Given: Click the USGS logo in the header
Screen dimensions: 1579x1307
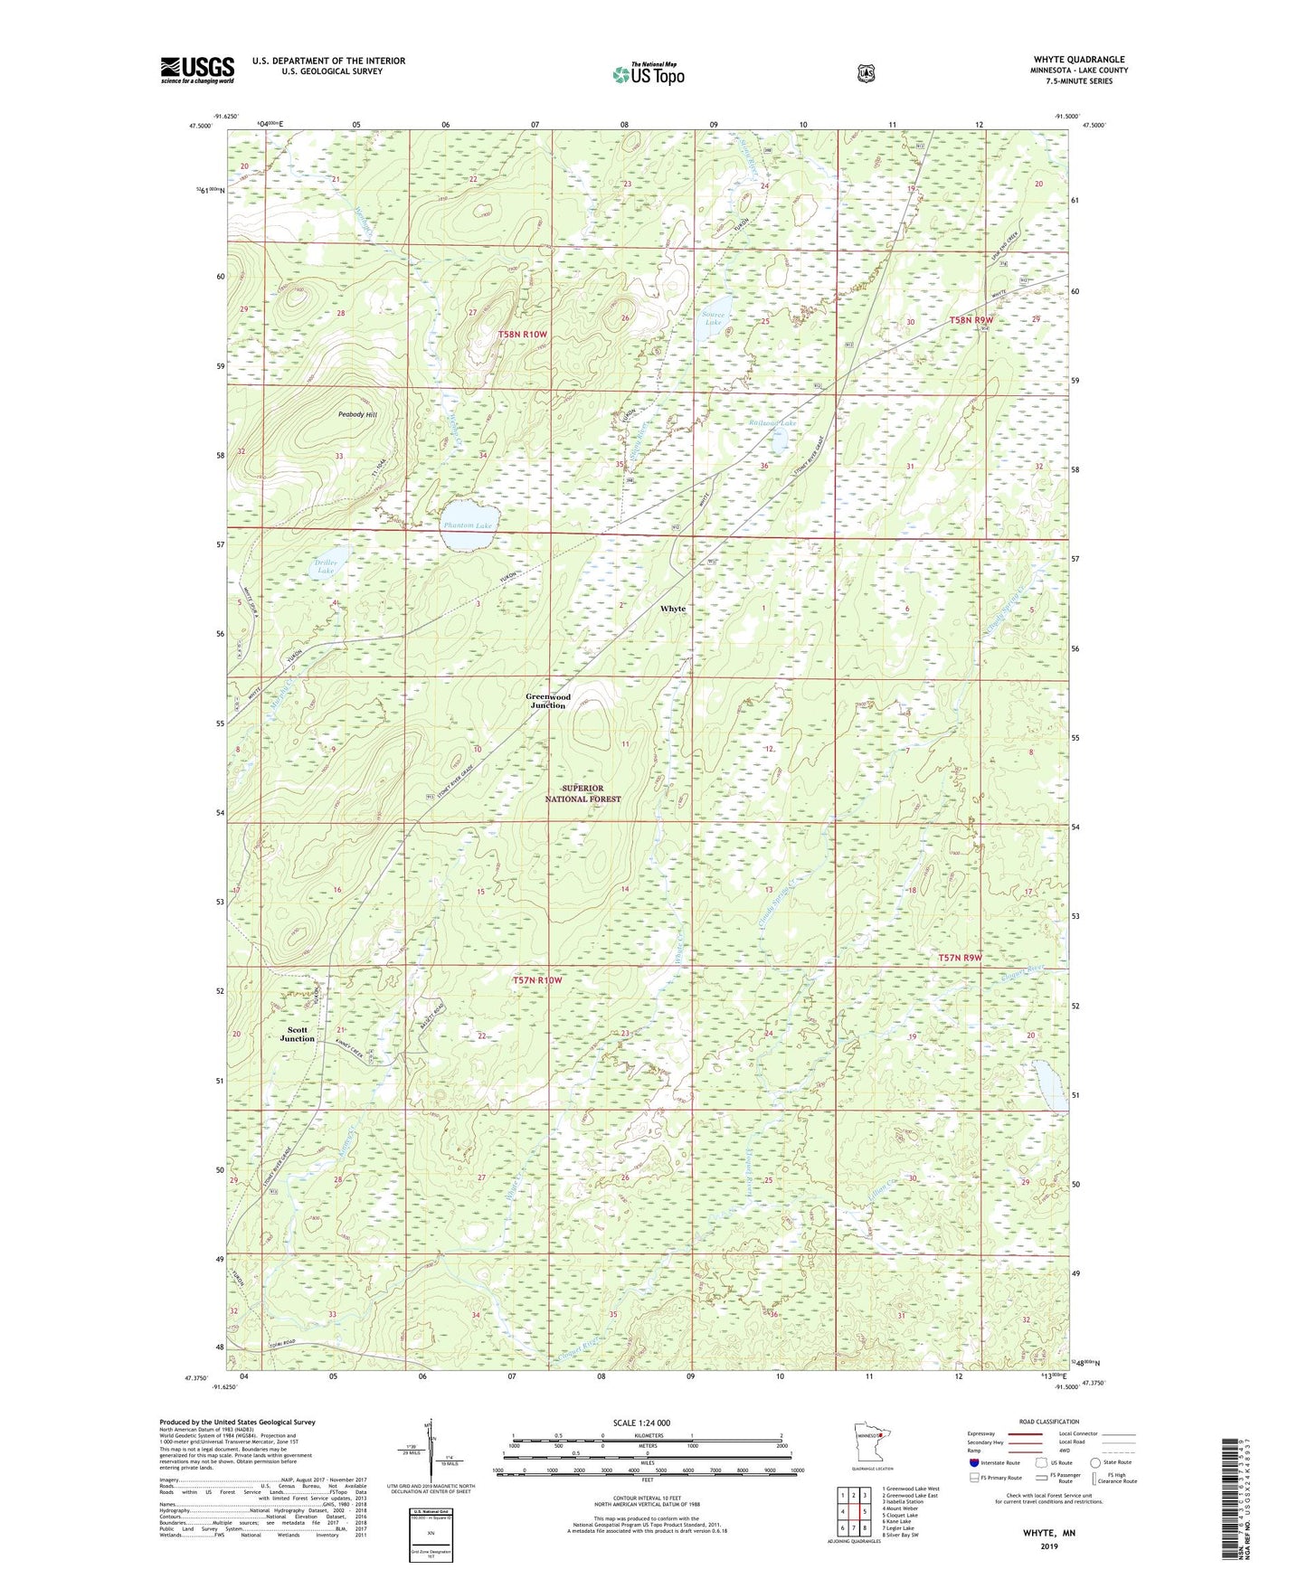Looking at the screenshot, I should pos(197,70).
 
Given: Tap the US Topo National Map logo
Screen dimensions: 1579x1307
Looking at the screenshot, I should pos(648,74).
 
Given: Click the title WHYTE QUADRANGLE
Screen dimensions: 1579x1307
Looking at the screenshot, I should pos(1079,60).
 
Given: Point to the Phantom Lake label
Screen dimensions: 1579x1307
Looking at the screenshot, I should pos(468,525).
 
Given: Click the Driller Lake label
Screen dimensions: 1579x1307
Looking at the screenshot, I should pos(326,567).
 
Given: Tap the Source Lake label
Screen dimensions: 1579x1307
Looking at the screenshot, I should pos(714,318).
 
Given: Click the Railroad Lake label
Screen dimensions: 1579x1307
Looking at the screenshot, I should pos(773,423).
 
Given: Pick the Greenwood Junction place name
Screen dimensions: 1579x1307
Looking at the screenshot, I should pos(548,701).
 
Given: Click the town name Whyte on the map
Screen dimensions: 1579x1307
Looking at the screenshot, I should pos(672,609).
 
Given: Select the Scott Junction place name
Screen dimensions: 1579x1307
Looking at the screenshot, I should pos(297,1034).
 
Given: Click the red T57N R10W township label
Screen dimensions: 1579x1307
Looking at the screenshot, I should pos(537,980).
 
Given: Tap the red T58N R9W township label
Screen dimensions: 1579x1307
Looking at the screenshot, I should pos(971,320).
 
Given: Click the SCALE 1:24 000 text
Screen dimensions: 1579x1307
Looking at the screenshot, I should pos(641,1423).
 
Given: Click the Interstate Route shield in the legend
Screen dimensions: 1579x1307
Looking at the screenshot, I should pos(973,1461).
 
